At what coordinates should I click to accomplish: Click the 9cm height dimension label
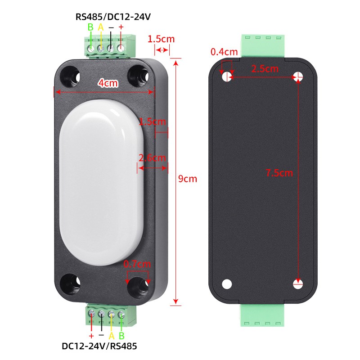tap(188, 179)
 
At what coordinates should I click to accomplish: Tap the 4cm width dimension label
tap(108, 83)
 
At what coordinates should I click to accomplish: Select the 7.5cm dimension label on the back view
tap(279, 173)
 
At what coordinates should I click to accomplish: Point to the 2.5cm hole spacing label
tap(265, 69)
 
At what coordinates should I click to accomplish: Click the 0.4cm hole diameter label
tap(224, 52)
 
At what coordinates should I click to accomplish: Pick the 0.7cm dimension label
tap(137, 264)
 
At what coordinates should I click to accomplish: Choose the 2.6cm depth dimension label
tap(152, 158)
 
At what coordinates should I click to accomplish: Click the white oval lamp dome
tap(101, 183)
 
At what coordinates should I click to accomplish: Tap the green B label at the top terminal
tap(90, 27)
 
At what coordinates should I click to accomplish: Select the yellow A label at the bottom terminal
tap(111, 336)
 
